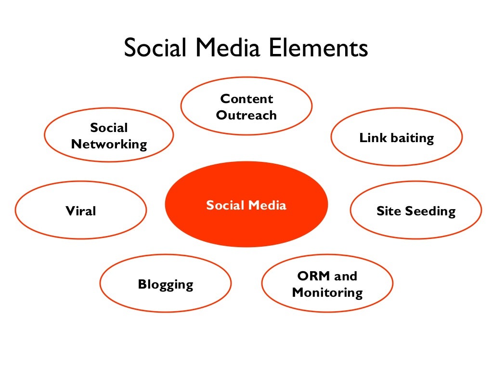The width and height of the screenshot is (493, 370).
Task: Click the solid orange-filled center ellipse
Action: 246,226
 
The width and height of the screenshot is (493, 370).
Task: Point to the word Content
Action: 246,99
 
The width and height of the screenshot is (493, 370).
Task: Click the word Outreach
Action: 246,115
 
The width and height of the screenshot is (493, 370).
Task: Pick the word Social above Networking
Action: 109,128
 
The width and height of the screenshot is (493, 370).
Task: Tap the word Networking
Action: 109,144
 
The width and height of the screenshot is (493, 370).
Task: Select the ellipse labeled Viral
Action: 81,211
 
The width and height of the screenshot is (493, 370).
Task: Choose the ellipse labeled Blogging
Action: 165,284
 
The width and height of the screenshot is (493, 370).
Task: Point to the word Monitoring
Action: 327,292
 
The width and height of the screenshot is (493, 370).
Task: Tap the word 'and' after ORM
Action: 346,276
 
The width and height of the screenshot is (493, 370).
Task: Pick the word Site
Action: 388,211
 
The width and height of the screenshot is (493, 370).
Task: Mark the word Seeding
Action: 429,211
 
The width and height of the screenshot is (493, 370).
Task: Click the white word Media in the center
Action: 268,205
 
